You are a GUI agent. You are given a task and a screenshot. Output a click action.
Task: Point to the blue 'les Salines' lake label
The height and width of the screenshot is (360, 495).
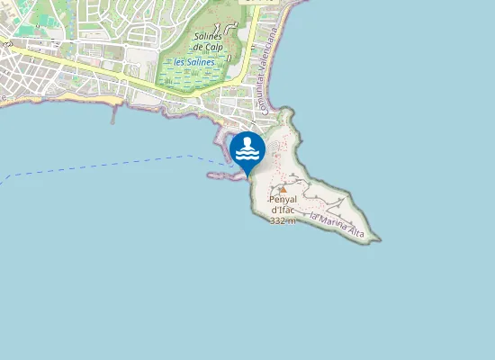(x=194, y=62)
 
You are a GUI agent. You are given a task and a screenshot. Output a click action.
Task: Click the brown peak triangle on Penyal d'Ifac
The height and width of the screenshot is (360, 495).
(x=283, y=190)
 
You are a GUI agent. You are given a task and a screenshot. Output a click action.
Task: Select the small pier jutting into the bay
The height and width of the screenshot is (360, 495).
(x=114, y=112)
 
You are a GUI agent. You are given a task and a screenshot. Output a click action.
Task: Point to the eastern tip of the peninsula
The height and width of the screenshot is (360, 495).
(x=378, y=239)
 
